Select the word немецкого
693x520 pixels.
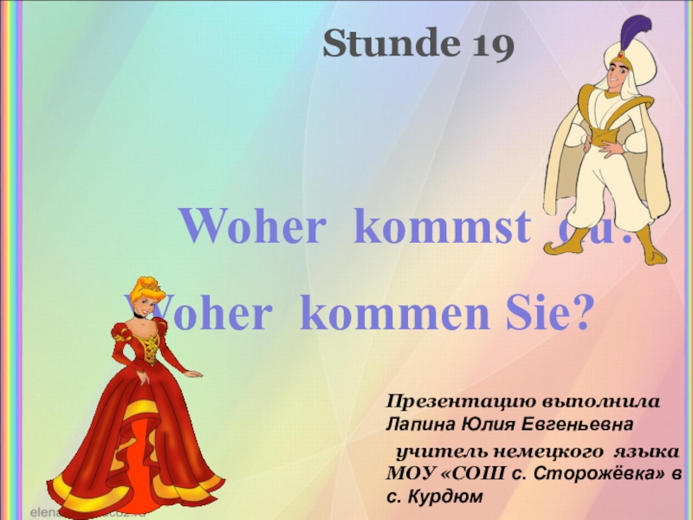point(542,453)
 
